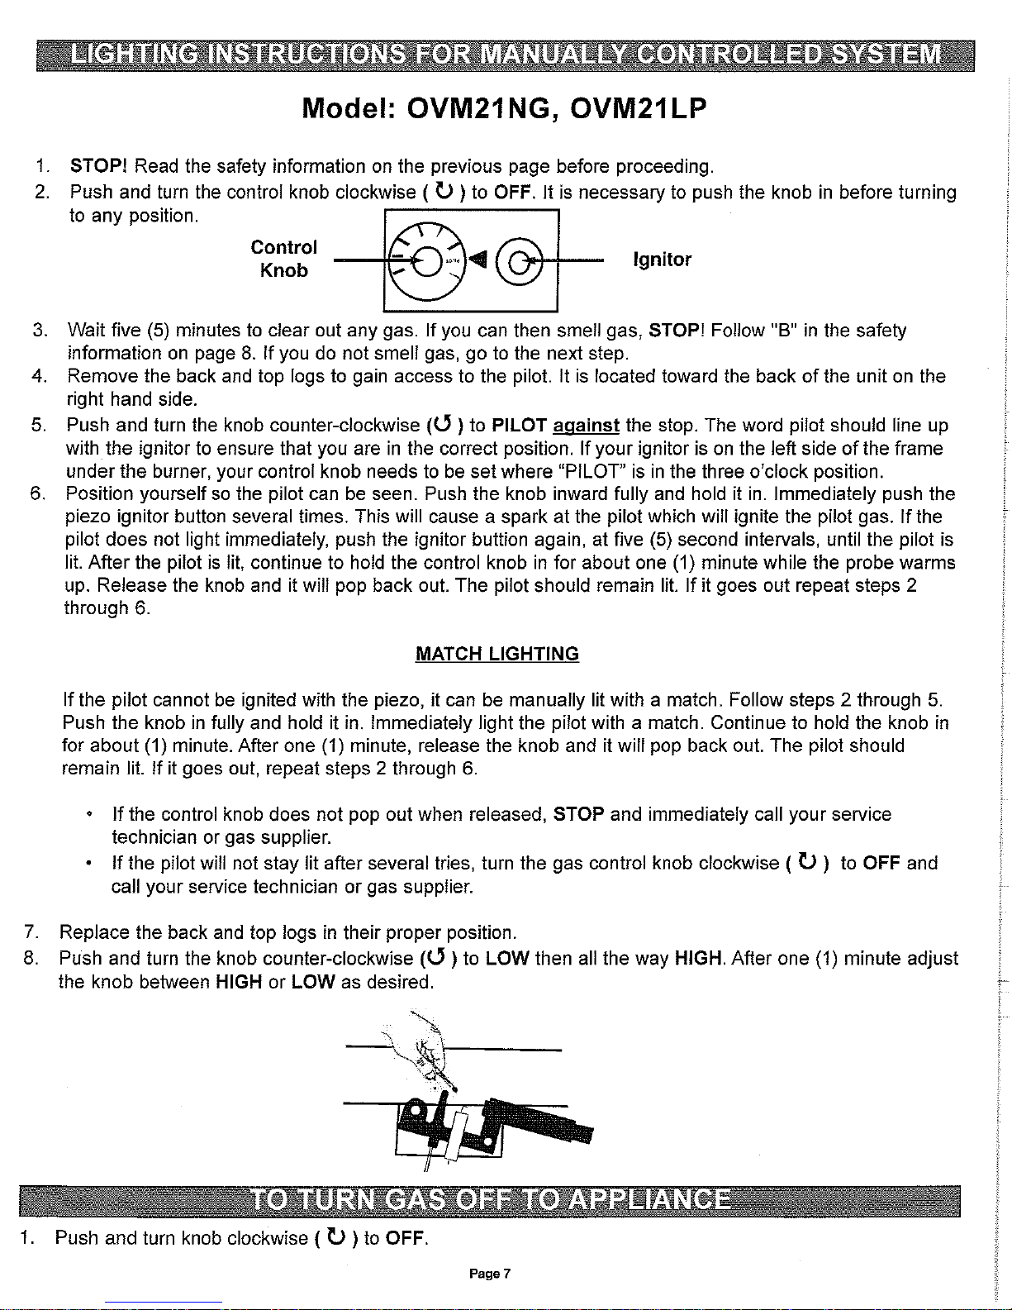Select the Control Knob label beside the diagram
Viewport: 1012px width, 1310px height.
(x=283, y=259)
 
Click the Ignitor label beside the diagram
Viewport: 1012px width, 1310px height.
(x=662, y=260)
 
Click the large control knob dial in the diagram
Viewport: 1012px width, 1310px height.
(x=428, y=261)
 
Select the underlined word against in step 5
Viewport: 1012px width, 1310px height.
(x=586, y=426)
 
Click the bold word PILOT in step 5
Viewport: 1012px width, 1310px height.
(x=520, y=426)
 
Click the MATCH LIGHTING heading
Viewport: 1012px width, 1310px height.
(x=497, y=654)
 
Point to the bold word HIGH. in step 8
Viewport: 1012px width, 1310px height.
(x=700, y=959)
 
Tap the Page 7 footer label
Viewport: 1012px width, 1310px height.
(x=490, y=1274)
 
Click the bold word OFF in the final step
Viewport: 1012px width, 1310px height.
(x=406, y=1237)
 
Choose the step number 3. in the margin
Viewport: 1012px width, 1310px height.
(x=40, y=331)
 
